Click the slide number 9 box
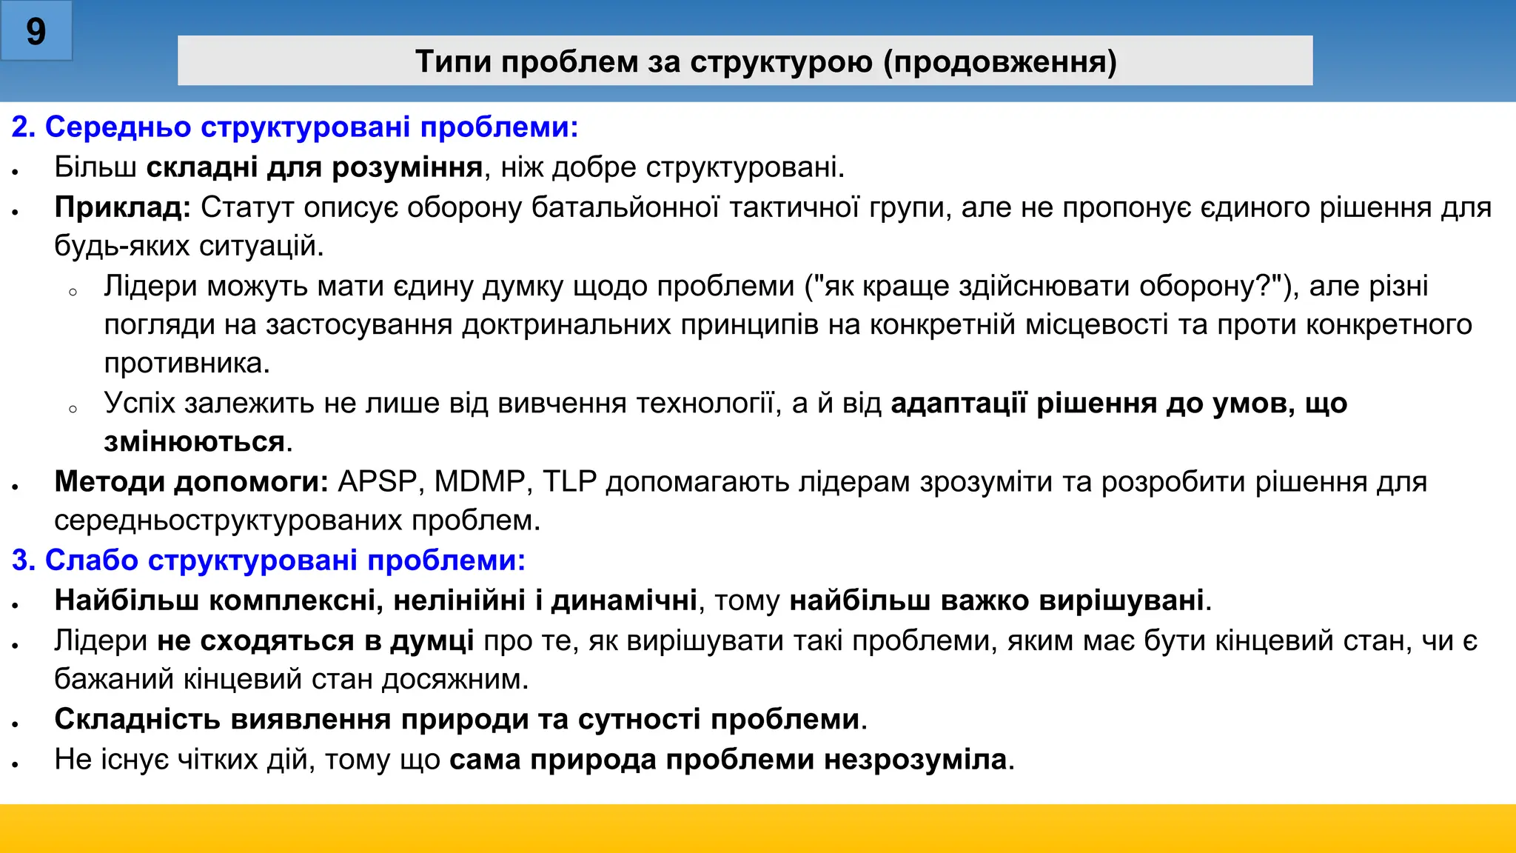(x=36, y=31)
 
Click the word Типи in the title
(x=453, y=61)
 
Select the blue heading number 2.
(x=23, y=127)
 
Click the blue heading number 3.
(x=23, y=561)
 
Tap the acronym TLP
(x=569, y=481)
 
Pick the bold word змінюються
(x=194, y=442)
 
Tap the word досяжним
(x=455, y=679)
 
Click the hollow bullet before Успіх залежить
(x=73, y=409)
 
